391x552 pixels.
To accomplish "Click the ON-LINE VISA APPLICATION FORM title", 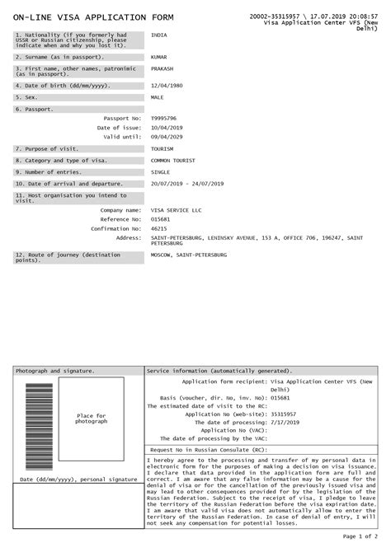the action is pos(86,17).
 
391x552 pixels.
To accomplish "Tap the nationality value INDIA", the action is pos(159,35).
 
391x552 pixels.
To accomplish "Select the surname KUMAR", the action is pos(160,58).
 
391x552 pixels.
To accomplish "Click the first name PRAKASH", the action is pos(163,68).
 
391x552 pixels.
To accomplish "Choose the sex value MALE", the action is pos(158,97).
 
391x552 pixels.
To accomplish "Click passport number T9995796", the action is pos(164,119).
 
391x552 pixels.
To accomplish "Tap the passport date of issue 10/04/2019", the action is pos(167,128).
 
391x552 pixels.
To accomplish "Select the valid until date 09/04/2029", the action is pos(167,137).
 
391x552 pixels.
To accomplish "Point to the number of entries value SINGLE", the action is pos(161,172).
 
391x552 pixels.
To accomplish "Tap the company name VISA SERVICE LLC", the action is pos(177,211).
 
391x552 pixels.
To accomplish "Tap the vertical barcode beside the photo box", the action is pos(38,428).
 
